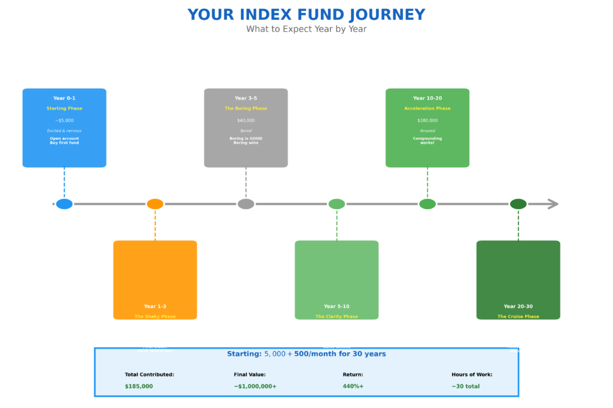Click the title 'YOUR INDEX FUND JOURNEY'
coord(306,15)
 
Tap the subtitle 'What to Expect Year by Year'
coord(306,29)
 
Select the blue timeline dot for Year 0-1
coord(64,204)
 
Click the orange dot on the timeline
coord(155,204)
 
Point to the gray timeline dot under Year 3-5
coord(246,204)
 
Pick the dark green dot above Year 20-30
coord(518,204)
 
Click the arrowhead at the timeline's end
coord(553,204)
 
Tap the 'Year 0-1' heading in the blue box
coord(64,98)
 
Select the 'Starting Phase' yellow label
coord(64,108)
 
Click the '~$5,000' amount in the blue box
coord(64,120)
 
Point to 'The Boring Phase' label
coord(246,108)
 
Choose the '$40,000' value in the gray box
coord(246,120)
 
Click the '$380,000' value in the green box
coord(427,120)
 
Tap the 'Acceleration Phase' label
coord(427,108)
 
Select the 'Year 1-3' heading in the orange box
coord(155,306)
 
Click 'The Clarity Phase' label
coord(336,316)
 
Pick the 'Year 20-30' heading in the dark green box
coord(518,306)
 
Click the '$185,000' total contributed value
coord(139,386)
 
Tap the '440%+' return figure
coord(353,386)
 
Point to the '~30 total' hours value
coord(466,386)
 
